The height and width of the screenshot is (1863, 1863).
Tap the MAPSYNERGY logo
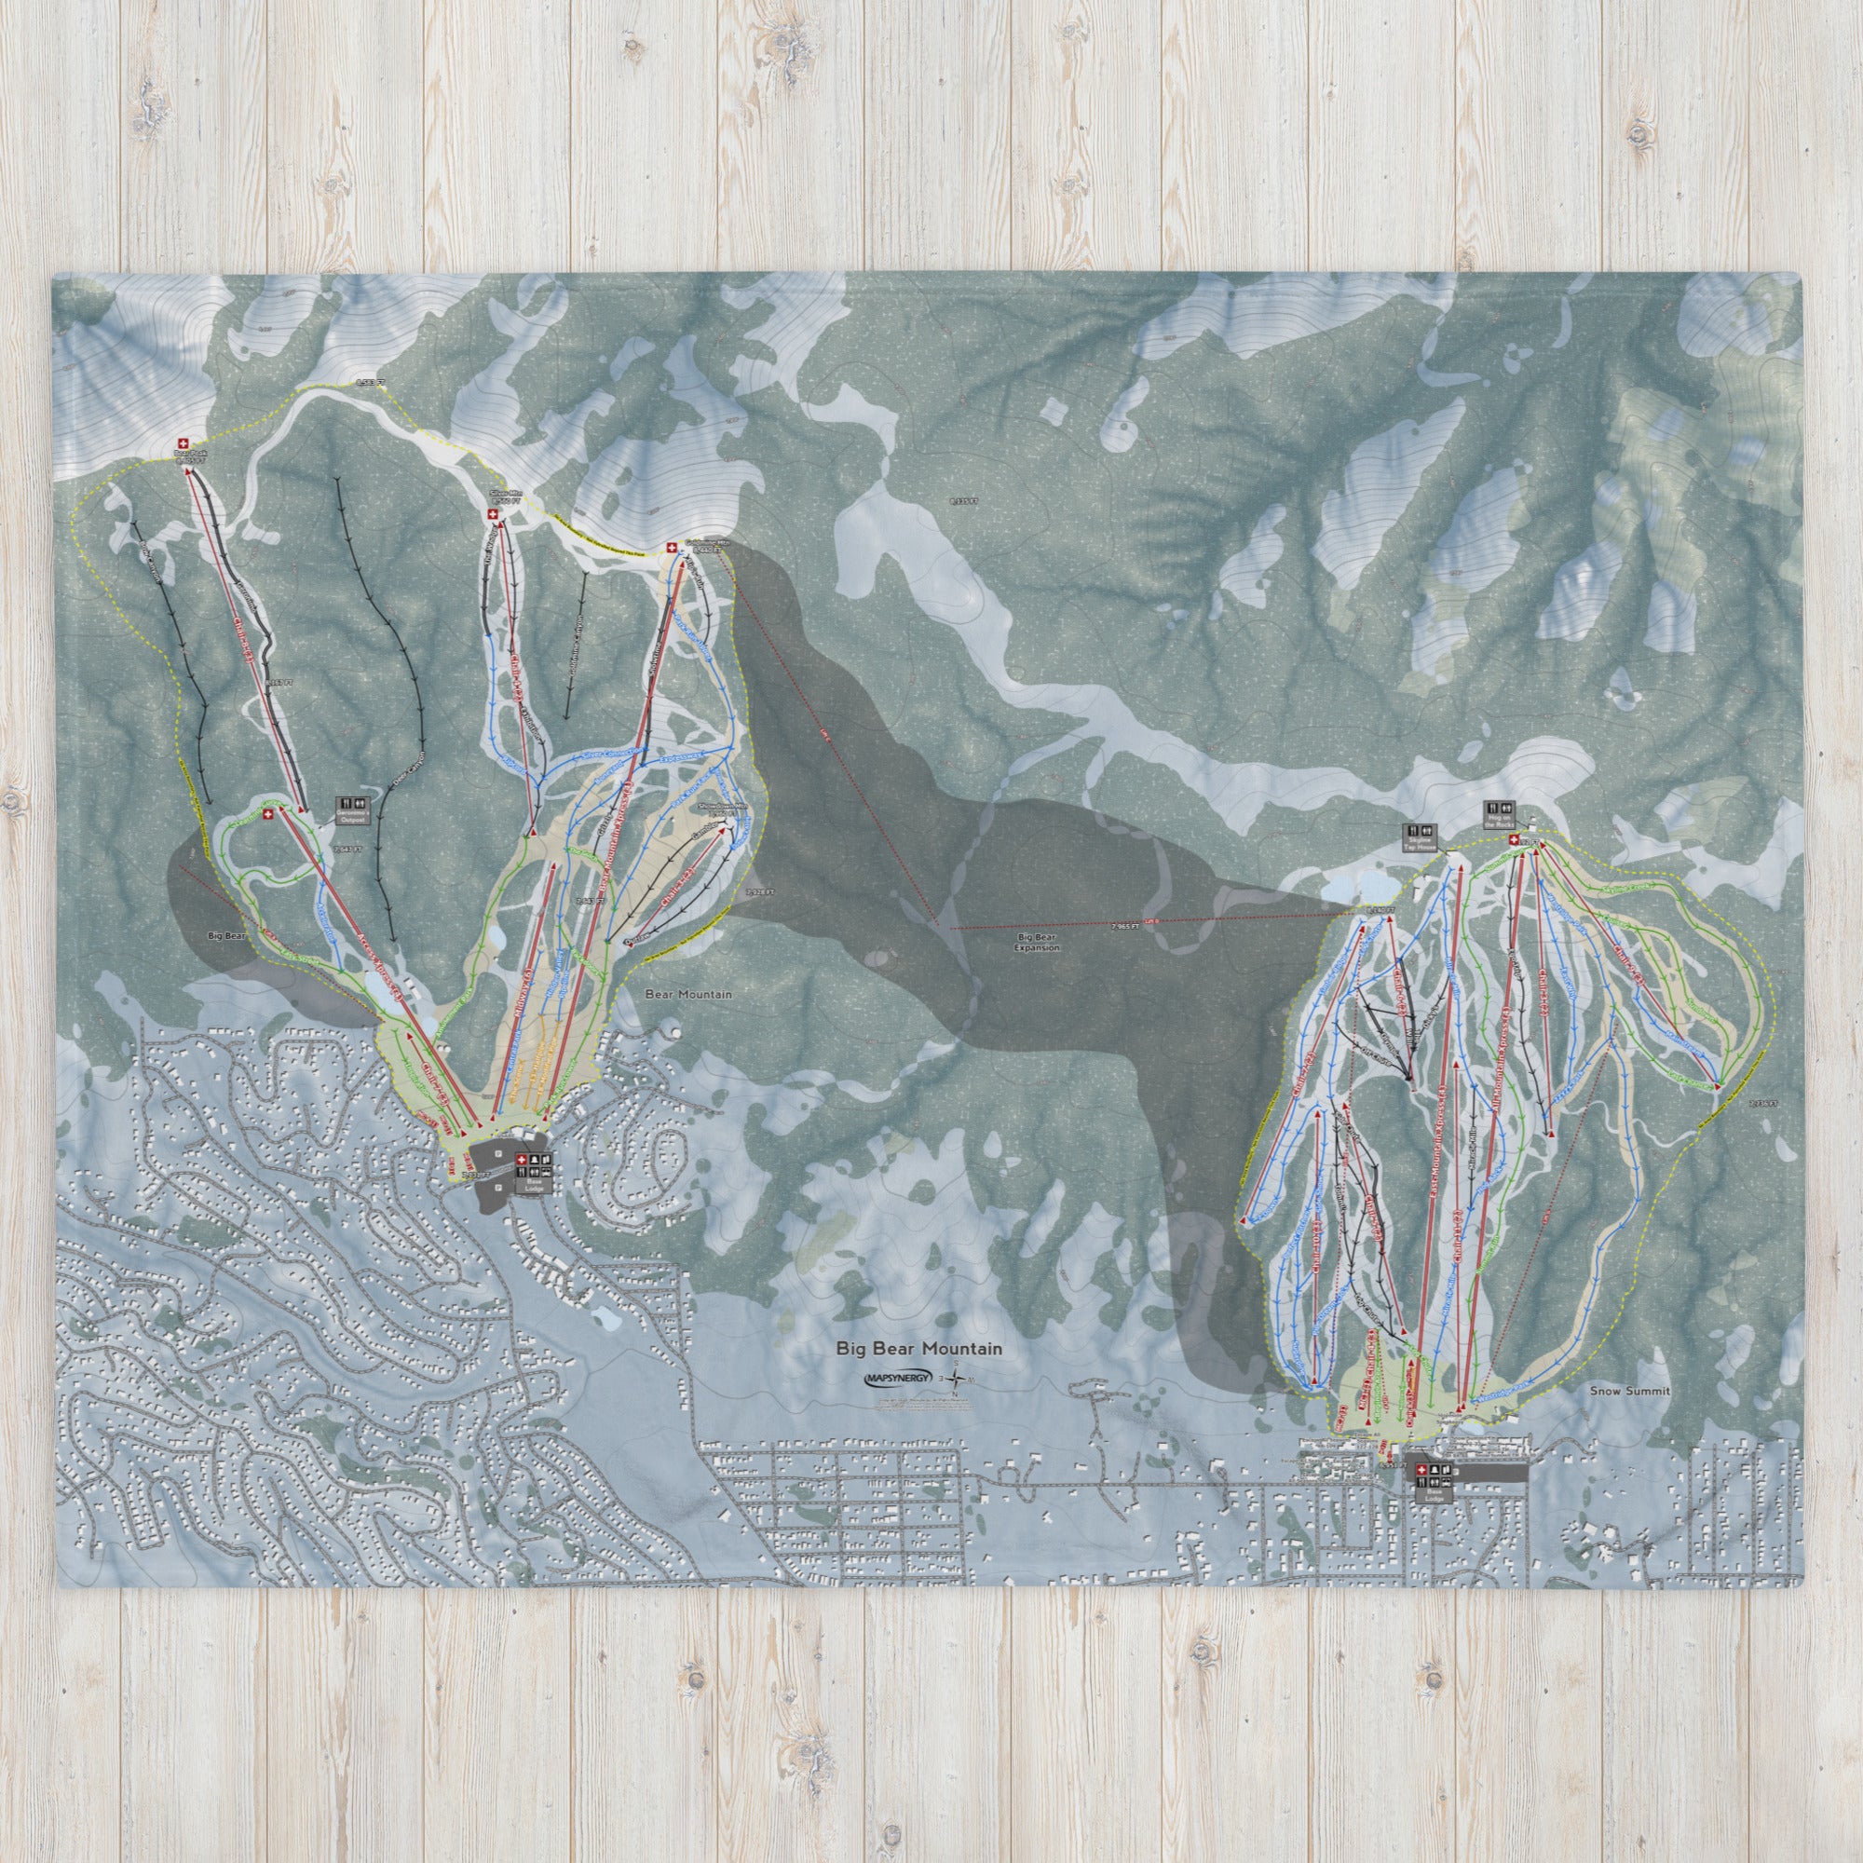[x=898, y=1378]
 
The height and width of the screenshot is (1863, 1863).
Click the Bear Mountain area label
[x=687, y=994]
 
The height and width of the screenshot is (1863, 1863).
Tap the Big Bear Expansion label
[x=1037, y=941]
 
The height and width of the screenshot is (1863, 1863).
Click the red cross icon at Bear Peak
[x=184, y=442]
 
